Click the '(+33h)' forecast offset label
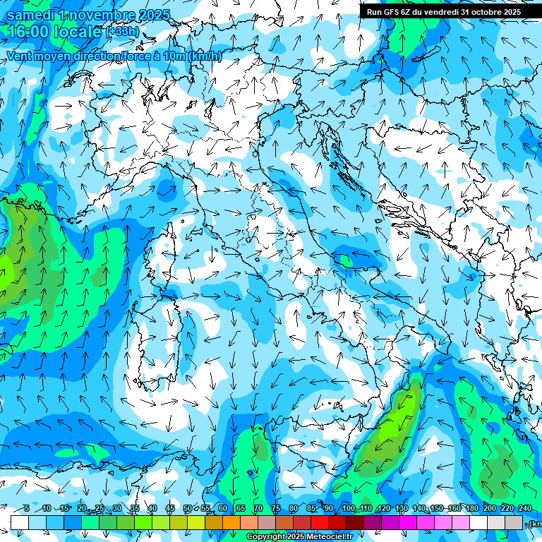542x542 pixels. point(122,32)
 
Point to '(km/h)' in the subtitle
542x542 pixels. point(205,56)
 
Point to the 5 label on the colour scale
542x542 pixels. point(26,509)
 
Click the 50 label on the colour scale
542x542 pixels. point(187,509)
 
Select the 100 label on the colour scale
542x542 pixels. point(347,509)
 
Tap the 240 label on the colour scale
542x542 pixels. point(524,509)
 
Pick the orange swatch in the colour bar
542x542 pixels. point(231,522)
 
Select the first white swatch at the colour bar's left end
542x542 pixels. point(19,522)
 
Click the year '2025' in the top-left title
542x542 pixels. point(138,15)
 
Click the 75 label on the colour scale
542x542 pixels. point(275,509)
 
